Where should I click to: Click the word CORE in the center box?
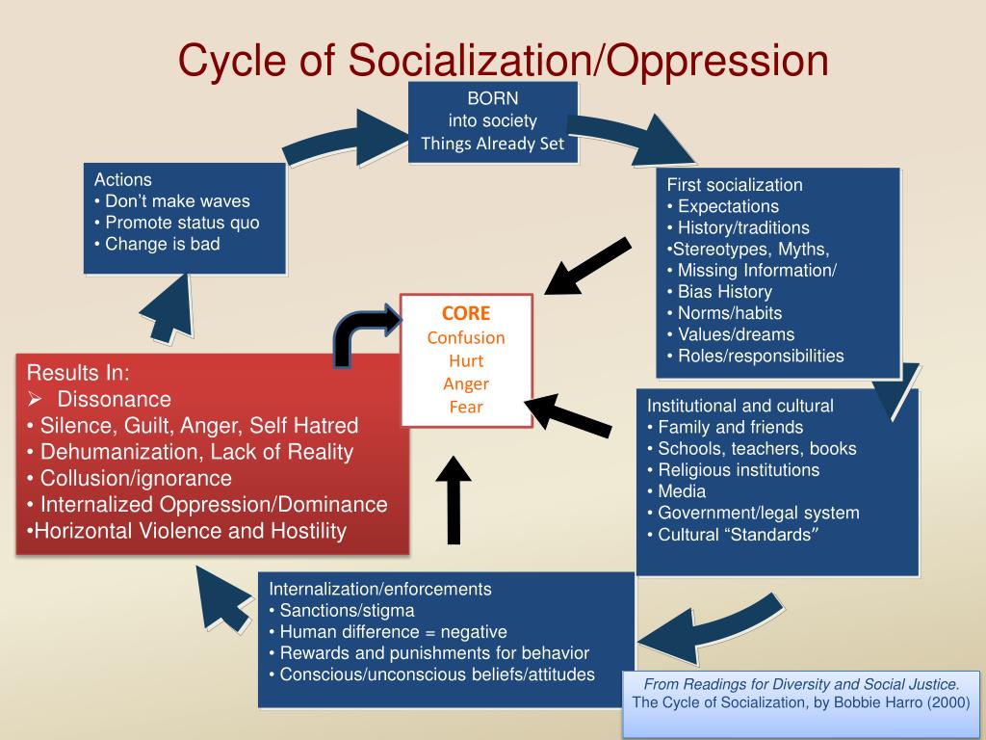[466, 313]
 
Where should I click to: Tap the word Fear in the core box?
[466, 407]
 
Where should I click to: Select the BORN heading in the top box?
[493, 99]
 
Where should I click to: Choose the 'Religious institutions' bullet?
[738, 470]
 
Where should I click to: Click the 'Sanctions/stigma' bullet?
[347, 610]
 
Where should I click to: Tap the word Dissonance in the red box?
[114, 399]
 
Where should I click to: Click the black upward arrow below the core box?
[454, 499]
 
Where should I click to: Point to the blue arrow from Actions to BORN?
[337, 140]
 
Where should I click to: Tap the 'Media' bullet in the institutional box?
[682, 491]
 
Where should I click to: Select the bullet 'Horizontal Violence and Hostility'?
[189, 531]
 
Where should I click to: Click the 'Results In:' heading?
[78, 373]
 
